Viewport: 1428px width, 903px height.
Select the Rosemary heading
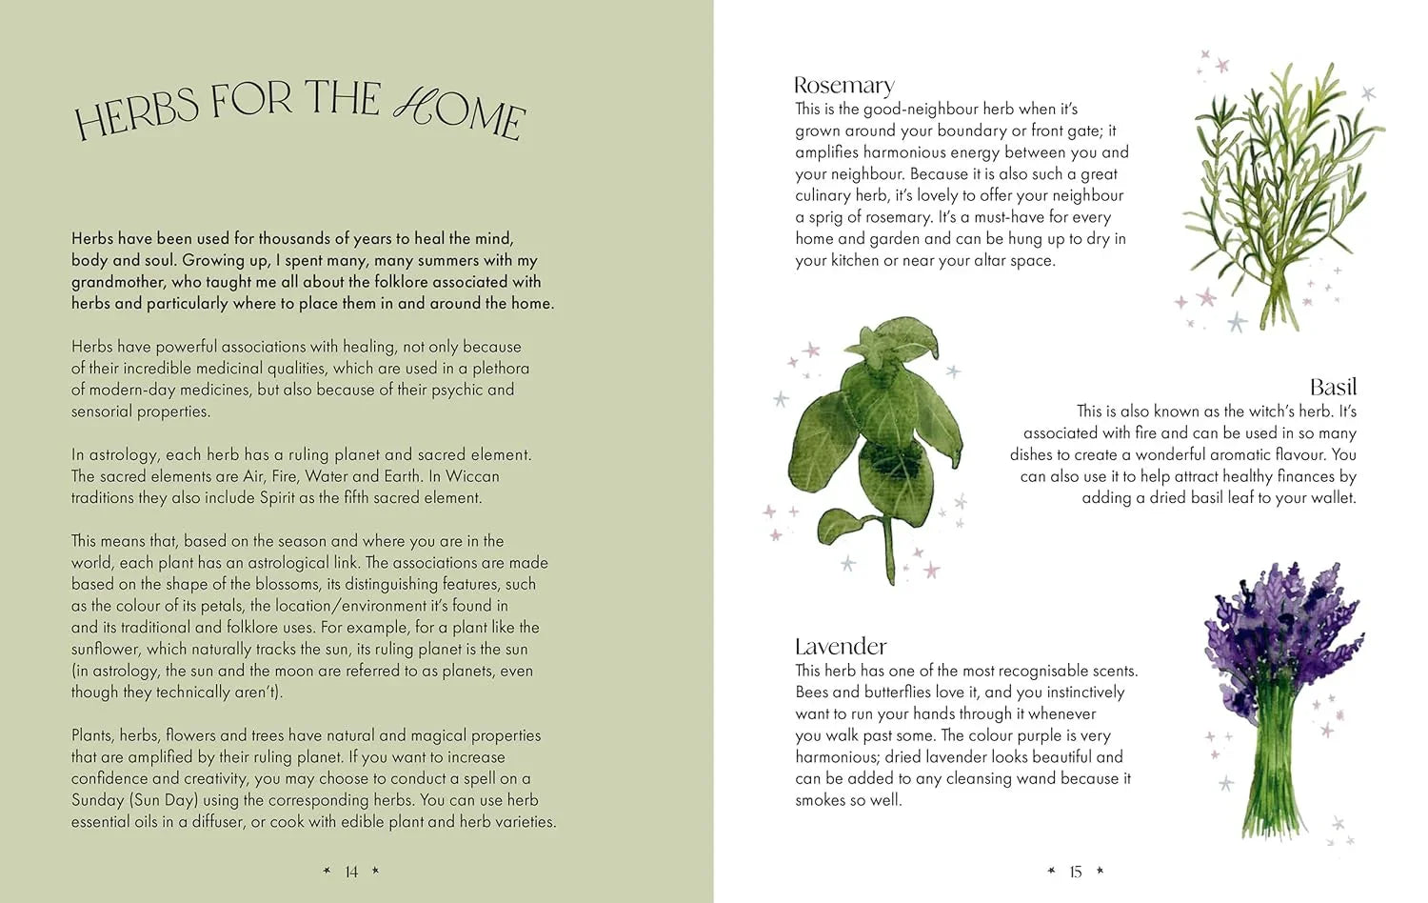click(x=843, y=86)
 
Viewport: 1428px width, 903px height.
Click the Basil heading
click(x=1332, y=387)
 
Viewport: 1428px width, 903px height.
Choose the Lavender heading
click(x=841, y=647)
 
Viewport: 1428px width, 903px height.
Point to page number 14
click(x=351, y=872)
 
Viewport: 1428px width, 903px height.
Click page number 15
click(x=1076, y=872)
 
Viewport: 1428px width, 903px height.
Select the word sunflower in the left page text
click(x=106, y=650)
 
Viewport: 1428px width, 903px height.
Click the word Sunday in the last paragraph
click(x=98, y=800)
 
